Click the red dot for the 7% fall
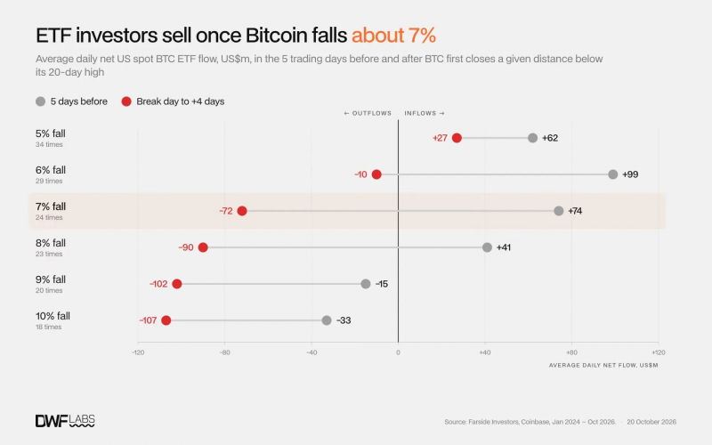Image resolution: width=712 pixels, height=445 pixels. (242, 211)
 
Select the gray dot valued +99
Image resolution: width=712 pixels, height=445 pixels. (613, 174)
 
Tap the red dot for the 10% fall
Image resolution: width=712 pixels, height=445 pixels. (166, 320)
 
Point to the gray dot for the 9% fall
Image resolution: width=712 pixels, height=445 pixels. (366, 284)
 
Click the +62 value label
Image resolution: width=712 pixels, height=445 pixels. (550, 138)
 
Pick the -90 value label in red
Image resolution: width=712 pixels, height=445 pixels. (186, 247)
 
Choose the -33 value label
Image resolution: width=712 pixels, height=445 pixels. (344, 320)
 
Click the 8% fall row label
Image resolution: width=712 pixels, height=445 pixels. (51, 243)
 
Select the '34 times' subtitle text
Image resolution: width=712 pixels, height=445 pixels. (49, 144)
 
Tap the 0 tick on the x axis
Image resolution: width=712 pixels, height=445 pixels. (398, 352)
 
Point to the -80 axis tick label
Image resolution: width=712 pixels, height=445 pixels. (225, 352)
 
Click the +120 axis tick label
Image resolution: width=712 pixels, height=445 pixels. (659, 352)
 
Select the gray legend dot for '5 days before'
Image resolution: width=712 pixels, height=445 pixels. (40, 101)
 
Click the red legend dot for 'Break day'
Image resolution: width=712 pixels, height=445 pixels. (126, 101)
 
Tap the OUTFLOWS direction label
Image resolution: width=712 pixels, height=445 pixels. (368, 113)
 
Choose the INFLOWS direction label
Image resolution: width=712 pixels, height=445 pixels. (425, 113)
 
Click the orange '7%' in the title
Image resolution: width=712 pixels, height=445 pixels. (422, 35)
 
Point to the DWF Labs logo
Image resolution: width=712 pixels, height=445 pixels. (65, 421)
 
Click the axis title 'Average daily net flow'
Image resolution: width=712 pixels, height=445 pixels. (603, 365)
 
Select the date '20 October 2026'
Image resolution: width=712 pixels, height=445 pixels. (651, 422)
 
